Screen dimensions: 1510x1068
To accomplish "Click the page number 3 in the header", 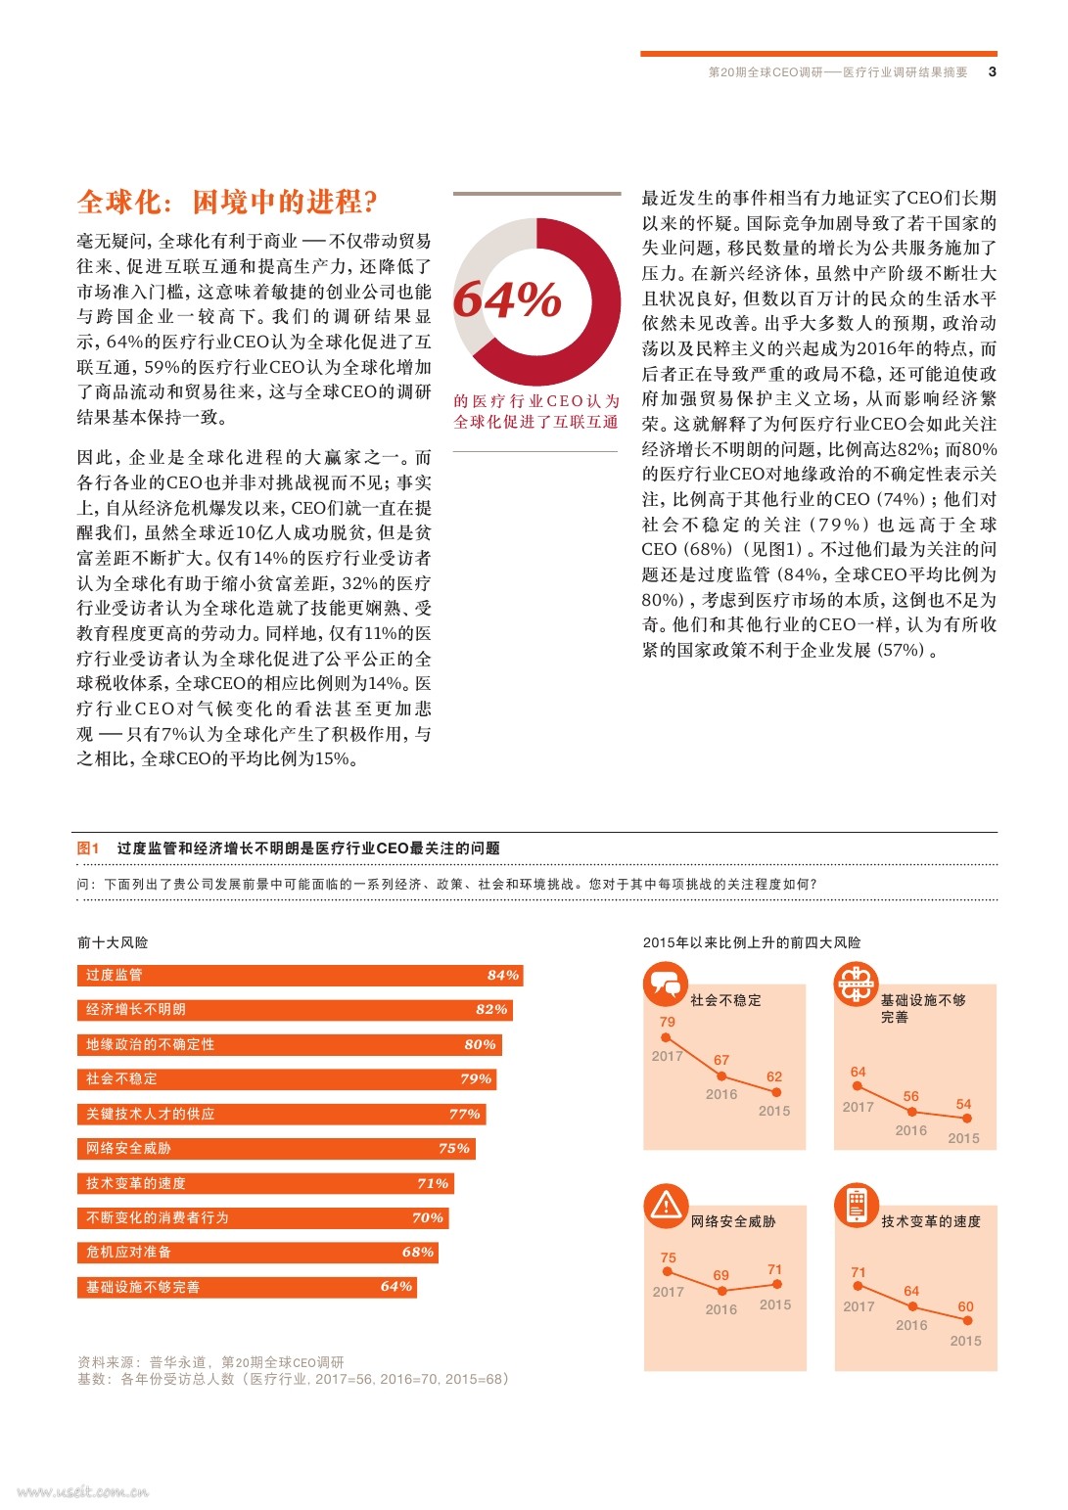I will tap(992, 71).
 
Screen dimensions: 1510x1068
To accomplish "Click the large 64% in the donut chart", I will tap(507, 299).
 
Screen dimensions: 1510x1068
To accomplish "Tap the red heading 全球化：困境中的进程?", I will tap(227, 202).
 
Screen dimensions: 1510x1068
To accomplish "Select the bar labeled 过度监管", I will tap(300, 975).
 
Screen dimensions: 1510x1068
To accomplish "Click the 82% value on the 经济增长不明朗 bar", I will tap(491, 1009).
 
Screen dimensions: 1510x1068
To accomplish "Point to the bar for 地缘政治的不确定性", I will tap(289, 1044).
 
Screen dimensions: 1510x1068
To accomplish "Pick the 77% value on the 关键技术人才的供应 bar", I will tap(464, 1114).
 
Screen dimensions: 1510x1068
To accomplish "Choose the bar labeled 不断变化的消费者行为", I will tap(262, 1217).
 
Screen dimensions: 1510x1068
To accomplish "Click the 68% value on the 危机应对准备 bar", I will tap(418, 1252).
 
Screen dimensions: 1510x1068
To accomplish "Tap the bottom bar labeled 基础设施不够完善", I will tap(247, 1287).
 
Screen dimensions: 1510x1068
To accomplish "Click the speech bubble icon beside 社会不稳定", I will tap(666, 984).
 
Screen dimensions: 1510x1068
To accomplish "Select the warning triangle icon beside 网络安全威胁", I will tap(666, 1206).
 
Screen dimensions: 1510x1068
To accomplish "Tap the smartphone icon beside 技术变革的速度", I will tap(857, 1206).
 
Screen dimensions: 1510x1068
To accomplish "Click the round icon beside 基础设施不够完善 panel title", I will tap(856, 984).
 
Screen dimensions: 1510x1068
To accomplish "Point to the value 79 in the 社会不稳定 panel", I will tap(667, 1022).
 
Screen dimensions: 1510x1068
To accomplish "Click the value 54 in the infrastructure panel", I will tap(963, 1104).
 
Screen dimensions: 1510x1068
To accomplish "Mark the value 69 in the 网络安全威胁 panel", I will tap(720, 1275).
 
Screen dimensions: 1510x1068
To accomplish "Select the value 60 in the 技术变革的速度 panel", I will tap(965, 1306).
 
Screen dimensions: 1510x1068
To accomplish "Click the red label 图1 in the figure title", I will tap(88, 848).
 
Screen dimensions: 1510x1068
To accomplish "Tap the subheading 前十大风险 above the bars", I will tap(113, 942).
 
